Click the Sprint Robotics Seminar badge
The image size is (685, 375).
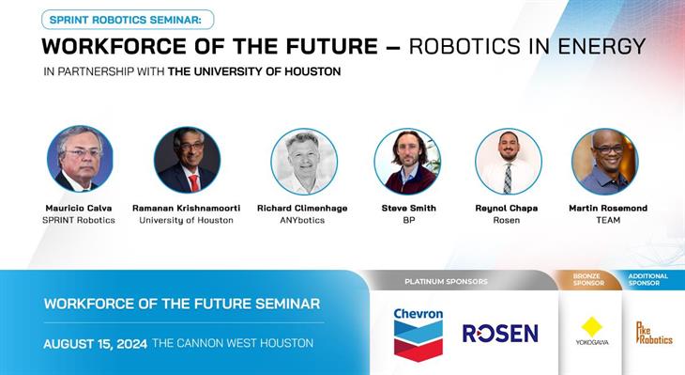(x=128, y=19)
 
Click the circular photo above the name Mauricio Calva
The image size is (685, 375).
(x=80, y=159)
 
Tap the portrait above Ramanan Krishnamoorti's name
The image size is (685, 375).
(x=187, y=159)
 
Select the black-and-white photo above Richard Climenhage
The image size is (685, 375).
(x=303, y=161)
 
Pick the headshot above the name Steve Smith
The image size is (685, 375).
(x=407, y=161)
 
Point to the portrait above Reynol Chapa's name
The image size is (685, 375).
(x=508, y=161)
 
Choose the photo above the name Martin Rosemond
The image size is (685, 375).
(x=604, y=161)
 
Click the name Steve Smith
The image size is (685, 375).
(x=408, y=208)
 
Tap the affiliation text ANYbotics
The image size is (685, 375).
(x=303, y=220)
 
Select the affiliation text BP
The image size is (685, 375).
(x=408, y=220)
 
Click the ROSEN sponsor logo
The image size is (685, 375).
(x=499, y=334)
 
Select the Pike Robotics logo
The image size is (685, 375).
(x=654, y=333)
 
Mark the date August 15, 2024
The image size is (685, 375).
(x=95, y=344)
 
